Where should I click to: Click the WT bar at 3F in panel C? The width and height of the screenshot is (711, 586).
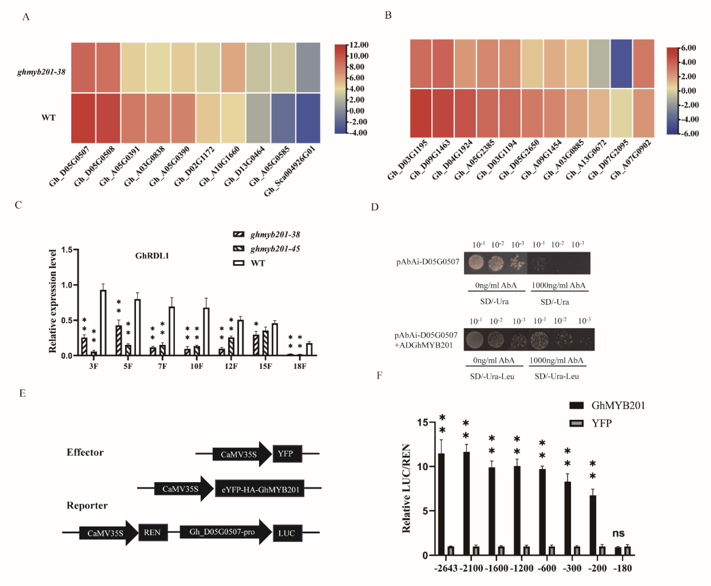click(103, 322)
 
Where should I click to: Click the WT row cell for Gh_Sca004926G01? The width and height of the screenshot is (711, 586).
click(308, 118)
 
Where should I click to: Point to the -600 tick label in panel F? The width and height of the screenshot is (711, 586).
click(547, 568)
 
